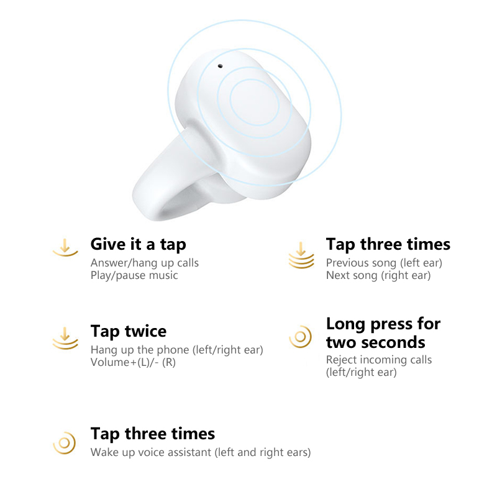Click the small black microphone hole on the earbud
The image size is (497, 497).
coord(221,66)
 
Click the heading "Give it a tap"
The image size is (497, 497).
coord(138,244)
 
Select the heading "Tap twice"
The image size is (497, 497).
coord(129,331)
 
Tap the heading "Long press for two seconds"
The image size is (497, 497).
coord(383,333)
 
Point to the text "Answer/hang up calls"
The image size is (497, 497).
coord(145,263)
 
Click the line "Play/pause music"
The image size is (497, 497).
coord(134,275)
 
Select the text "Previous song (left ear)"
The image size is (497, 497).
coord(384,263)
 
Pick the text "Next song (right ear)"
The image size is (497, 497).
coord(378,275)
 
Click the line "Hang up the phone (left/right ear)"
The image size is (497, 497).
coord(177,350)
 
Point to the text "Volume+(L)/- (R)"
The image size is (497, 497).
coord(133,362)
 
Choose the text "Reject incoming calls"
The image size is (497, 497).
coord(379,360)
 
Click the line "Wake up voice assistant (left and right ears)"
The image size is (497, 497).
coord(201,452)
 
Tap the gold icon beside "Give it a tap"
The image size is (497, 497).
coord(65,247)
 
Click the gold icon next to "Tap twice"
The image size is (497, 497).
coord(65,338)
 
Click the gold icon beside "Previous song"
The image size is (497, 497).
coord(301,255)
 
